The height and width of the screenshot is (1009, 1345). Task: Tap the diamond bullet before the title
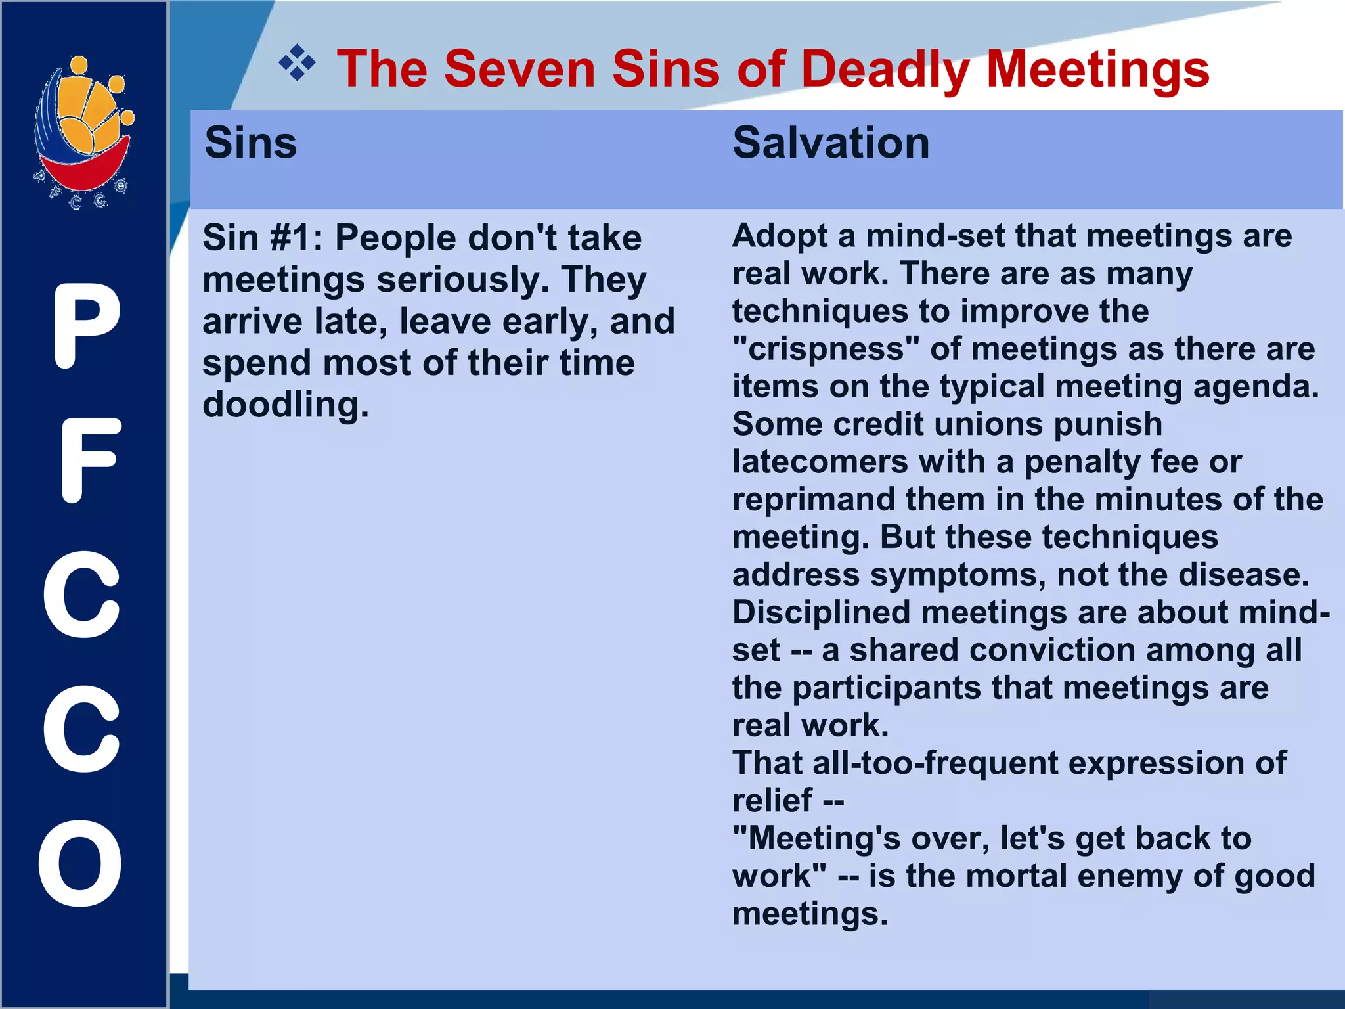point(297,63)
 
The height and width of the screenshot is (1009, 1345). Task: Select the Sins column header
point(250,143)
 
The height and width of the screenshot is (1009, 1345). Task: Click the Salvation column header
point(831,143)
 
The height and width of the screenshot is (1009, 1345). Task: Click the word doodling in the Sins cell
point(285,405)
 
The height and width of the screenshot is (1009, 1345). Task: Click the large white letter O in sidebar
point(80,863)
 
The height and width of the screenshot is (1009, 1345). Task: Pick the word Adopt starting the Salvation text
point(780,236)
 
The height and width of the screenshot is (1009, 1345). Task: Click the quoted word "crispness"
point(826,349)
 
